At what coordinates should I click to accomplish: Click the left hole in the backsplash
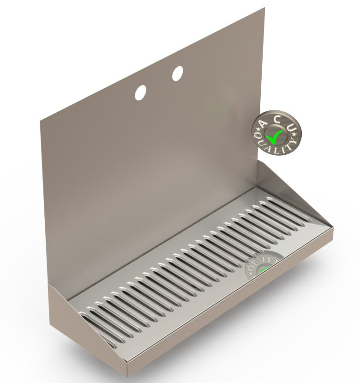(140, 92)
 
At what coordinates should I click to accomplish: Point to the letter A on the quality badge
(262, 123)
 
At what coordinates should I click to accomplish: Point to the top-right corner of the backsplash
(264, 8)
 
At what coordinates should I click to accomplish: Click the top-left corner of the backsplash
(41, 121)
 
